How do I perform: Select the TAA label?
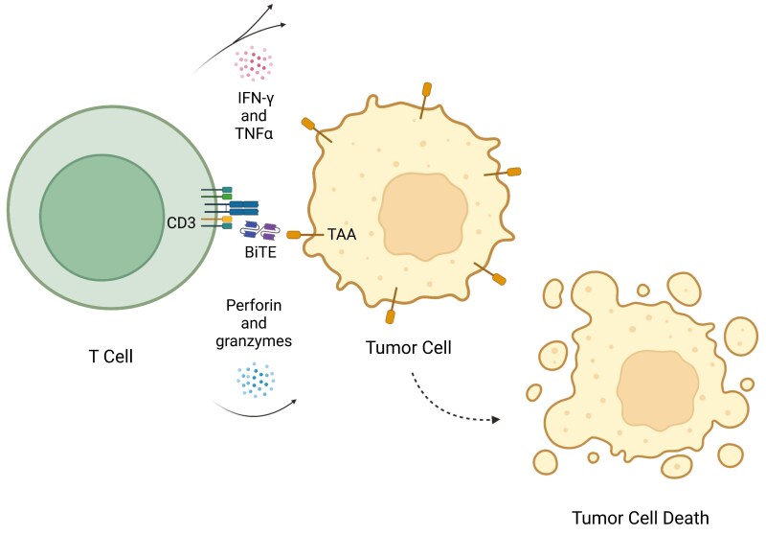pyautogui.click(x=340, y=234)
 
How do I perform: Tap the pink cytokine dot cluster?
pyautogui.click(x=254, y=62)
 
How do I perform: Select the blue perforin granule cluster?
pyautogui.click(x=257, y=379)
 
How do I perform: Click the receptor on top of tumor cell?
pyautogui.click(x=424, y=96)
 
